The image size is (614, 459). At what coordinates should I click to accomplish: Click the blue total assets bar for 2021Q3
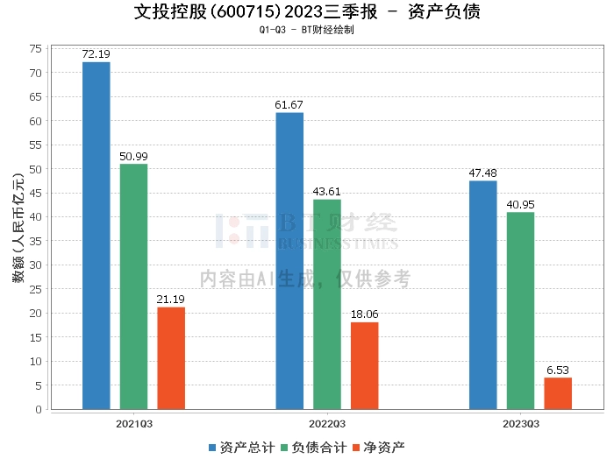(x=96, y=236)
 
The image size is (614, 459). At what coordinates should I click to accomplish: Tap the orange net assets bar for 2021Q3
(x=171, y=358)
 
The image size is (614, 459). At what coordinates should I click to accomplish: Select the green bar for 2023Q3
(x=520, y=311)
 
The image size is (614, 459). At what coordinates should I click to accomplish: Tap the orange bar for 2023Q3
(x=558, y=393)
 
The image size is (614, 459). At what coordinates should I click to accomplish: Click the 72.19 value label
(x=96, y=54)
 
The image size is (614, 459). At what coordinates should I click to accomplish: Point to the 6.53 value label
(x=558, y=371)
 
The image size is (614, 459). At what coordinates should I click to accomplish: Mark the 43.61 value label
(x=327, y=192)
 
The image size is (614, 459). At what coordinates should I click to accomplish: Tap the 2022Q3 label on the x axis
(x=327, y=424)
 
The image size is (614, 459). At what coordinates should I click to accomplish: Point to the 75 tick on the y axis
(x=36, y=49)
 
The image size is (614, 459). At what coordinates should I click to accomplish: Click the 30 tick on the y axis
(x=36, y=265)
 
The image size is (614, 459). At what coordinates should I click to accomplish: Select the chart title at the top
(x=307, y=12)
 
